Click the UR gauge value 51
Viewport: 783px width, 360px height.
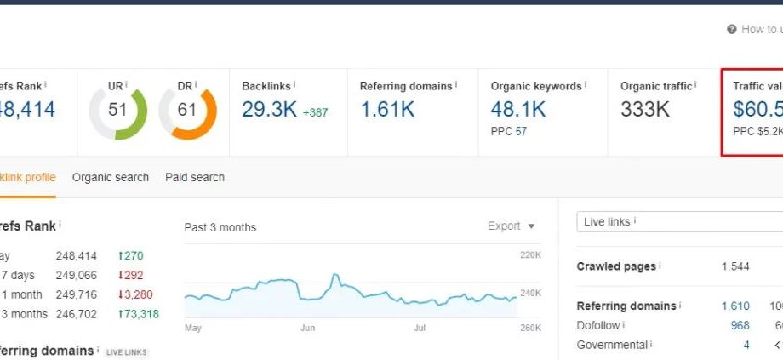(117, 111)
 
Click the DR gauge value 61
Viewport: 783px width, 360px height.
(187, 111)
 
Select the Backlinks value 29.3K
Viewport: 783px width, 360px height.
(269, 109)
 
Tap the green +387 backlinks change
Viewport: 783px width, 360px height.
(315, 112)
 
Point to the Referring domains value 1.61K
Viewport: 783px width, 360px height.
(387, 109)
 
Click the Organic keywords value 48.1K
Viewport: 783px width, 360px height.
(518, 109)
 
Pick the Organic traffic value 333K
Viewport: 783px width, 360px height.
(645, 109)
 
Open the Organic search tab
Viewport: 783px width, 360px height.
(111, 178)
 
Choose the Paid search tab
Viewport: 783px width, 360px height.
(195, 178)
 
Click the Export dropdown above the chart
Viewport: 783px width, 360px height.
(512, 226)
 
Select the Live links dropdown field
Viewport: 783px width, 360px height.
(678, 222)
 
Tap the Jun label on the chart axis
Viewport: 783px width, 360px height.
(308, 327)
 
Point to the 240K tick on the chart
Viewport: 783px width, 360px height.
(529, 294)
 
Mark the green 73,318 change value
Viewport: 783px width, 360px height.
(140, 314)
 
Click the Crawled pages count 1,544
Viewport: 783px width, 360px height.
(735, 266)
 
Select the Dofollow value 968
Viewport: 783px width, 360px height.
(740, 325)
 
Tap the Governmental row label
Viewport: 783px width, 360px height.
(612, 345)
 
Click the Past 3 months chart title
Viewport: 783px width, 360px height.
(220, 227)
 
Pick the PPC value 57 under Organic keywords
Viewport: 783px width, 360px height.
(521, 132)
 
